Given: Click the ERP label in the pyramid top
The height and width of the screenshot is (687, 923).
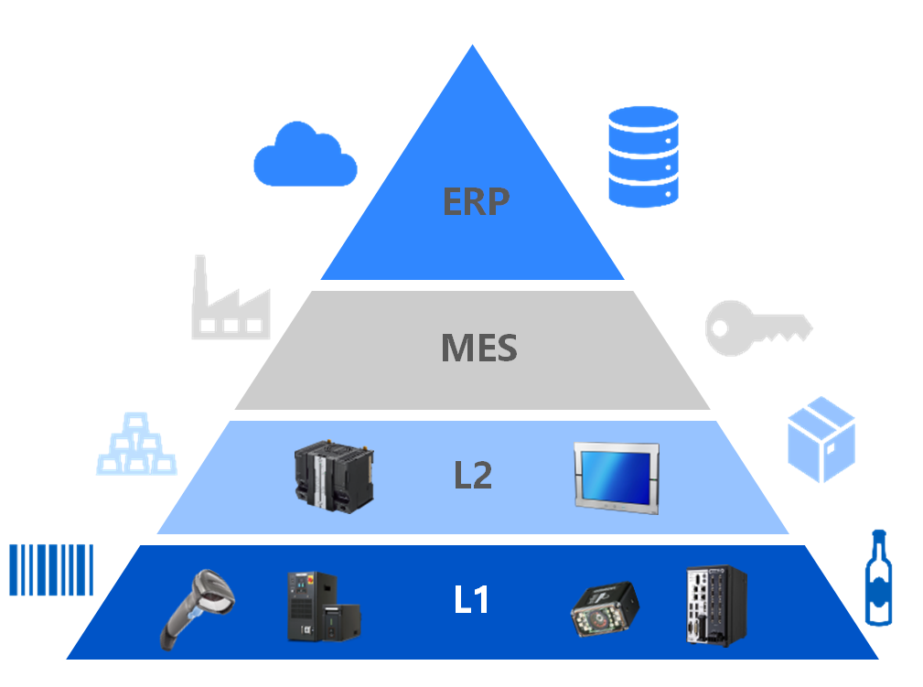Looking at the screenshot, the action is pyautogui.click(x=476, y=201).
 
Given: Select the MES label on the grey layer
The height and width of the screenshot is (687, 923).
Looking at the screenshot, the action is pyautogui.click(x=479, y=348).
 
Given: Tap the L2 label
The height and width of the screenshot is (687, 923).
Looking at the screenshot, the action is pyautogui.click(x=473, y=475).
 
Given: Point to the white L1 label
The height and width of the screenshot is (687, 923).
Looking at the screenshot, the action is pyautogui.click(x=471, y=600).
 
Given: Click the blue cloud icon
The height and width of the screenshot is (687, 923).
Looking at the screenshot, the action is pyautogui.click(x=305, y=155).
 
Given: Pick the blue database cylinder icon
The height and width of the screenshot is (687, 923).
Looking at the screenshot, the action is pyautogui.click(x=643, y=156).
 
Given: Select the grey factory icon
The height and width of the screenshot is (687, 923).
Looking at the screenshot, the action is pyautogui.click(x=231, y=297).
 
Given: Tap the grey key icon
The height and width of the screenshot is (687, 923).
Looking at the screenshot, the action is pyautogui.click(x=758, y=327).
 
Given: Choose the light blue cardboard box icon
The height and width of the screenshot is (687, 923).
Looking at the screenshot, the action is pyautogui.click(x=821, y=439).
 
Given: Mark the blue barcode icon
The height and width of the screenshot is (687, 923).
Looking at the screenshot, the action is pyautogui.click(x=51, y=570).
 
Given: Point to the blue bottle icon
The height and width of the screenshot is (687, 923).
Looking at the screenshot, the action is pyautogui.click(x=878, y=577).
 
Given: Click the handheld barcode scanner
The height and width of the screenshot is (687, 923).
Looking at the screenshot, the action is pyautogui.click(x=198, y=607).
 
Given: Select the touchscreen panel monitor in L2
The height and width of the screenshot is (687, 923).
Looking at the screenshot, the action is pyautogui.click(x=617, y=478).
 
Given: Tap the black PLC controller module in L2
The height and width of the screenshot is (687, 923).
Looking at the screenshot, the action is pyautogui.click(x=334, y=477).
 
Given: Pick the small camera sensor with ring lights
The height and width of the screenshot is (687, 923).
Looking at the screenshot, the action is pyautogui.click(x=605, y=610).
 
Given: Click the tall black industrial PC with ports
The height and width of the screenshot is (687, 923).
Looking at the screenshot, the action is pyautogui.click(x=716, y=606).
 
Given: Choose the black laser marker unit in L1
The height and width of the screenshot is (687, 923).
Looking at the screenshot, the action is pyautogui.click(x=323, y=606).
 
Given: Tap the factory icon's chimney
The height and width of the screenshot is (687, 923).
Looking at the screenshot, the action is pyautogui.click(x=200, y=280).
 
